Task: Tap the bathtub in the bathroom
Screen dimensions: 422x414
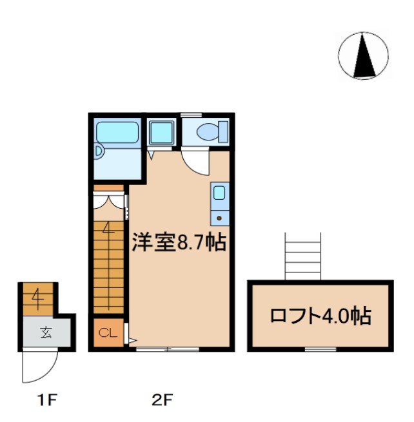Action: click(x=117, y=133)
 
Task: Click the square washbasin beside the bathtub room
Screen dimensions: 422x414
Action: click(x=159, y=133)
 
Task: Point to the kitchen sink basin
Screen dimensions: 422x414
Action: click(x=219, y=192)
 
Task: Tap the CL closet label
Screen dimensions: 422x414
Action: click(x=108, y=333)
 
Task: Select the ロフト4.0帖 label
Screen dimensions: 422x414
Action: click(x=320, y=316)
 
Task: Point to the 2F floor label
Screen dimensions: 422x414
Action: click(x=162, y=400)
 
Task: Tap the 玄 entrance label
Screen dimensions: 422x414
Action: click(x=46, y=332)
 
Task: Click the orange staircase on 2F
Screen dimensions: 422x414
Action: click(x=108, y=264)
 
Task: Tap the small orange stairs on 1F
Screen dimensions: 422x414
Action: click(x=38, y=298)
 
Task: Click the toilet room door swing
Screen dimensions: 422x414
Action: click(x=195, y=160)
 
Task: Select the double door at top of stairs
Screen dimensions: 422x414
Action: click(x=108, y=200)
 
